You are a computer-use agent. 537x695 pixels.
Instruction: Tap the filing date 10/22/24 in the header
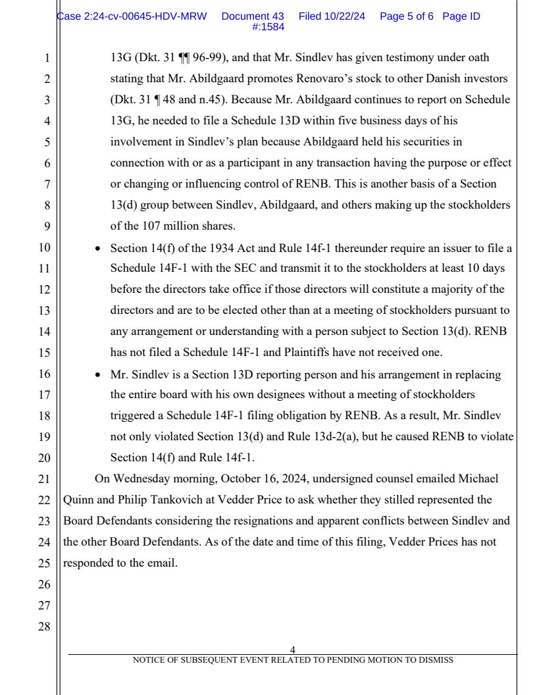347,16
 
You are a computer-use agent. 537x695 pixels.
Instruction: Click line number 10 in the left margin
45,248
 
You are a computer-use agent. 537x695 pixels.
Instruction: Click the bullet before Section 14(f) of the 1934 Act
98,248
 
